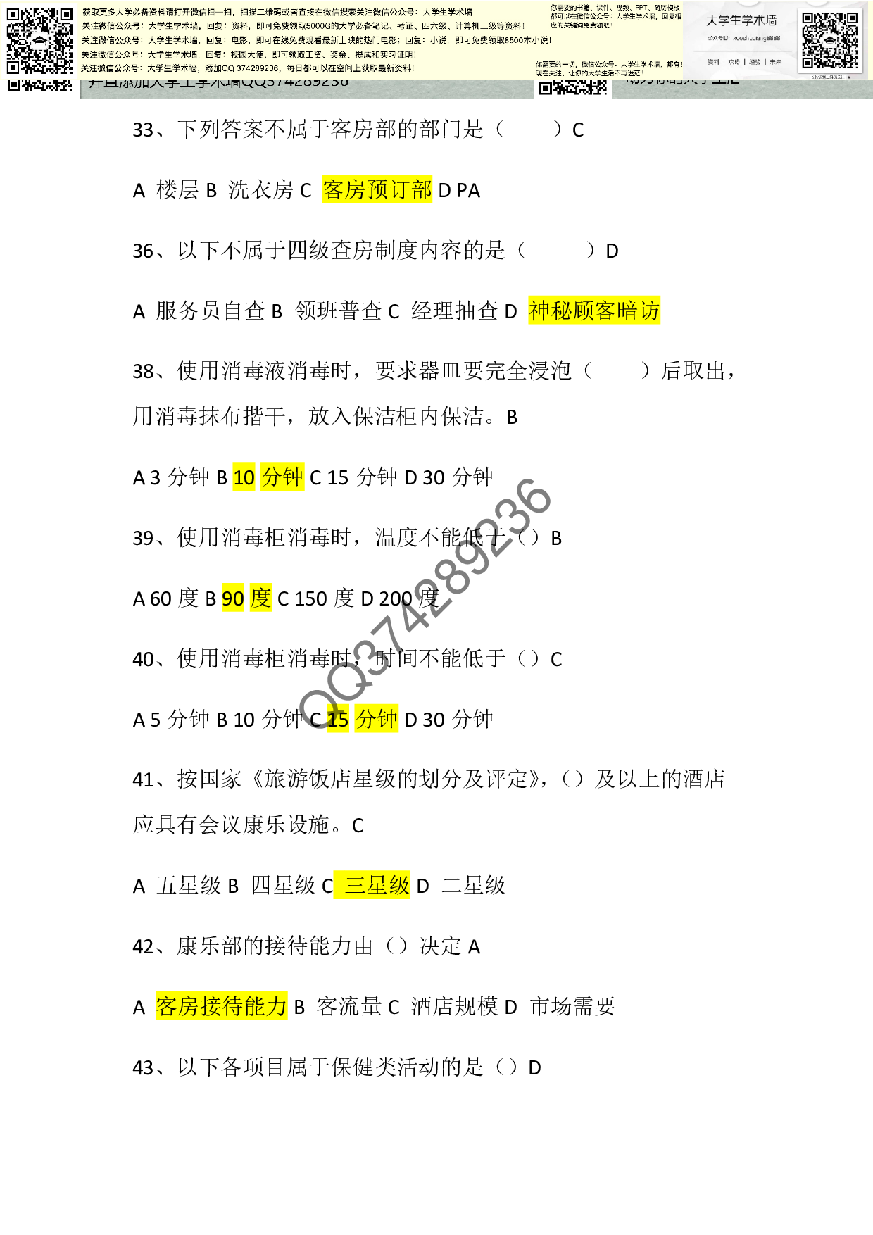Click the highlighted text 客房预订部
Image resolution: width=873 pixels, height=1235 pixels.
click(x=377, y=189)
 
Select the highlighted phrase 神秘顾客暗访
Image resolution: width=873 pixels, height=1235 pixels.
click(x=594, y=310)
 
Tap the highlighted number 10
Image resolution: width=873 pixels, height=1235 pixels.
click(x=244, y=477)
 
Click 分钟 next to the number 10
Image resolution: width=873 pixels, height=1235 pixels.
click(x=282, y=477)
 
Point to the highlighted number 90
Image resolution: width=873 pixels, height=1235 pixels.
click(x=233, y=598)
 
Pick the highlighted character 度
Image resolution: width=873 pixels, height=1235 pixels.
click(x=260, y=598)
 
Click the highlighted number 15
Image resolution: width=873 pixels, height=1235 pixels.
click(x=338, y=719)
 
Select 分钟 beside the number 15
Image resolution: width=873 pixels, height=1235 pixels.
click(x=377, y=718)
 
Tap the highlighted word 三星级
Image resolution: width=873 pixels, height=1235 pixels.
click(x=372, y=885)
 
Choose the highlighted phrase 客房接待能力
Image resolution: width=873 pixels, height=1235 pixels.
click(x=222, y=1006)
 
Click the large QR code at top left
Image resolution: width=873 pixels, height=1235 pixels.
click(x=39, y=41)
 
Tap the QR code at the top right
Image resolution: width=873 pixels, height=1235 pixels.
click(x=830, y=41)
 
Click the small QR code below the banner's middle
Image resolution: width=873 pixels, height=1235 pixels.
click(x=572, y=87)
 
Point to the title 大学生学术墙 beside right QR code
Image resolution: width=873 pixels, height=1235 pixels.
click(x=741, y=20)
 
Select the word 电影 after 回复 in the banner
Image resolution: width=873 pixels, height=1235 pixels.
click(x=239, y=40)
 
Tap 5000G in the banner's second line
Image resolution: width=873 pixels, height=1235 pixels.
click(x=321, y=26)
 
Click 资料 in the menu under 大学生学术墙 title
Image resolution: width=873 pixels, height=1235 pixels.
click(x=713, y=62)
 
